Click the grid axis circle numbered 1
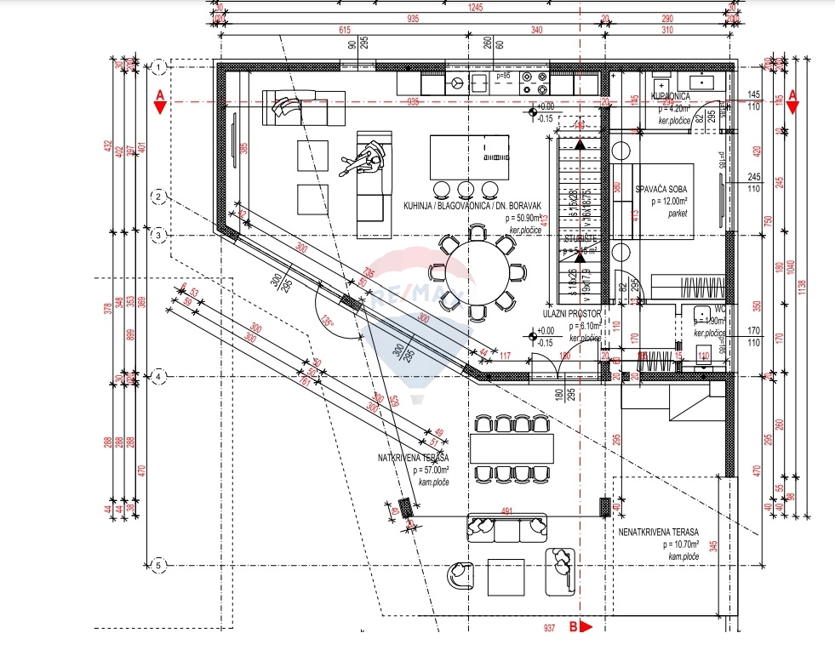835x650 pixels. point(158,66)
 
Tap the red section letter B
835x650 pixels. point(573,627)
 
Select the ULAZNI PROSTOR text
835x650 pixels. point(573,314)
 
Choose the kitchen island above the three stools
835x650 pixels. point(463,156)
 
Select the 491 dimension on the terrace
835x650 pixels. point(506,511)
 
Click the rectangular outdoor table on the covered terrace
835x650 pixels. point(512,448)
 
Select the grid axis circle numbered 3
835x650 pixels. point(158,235)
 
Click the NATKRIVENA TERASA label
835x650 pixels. point(414,458)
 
